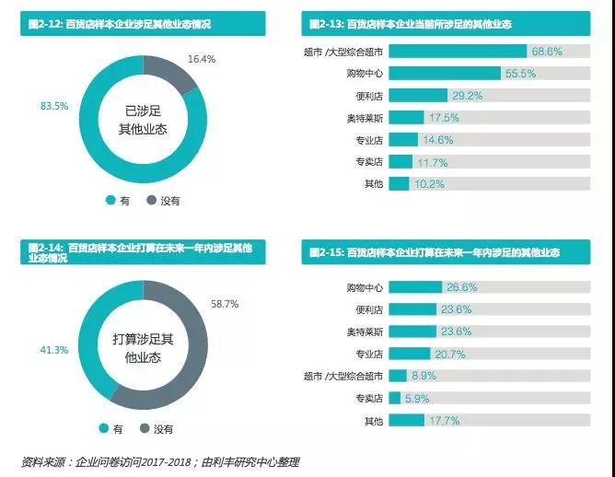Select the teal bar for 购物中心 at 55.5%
tap(446, 73)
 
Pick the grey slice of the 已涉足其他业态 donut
tap(180, 78)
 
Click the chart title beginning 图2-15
tap(435, 251)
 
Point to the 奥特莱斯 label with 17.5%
tap(366, 118)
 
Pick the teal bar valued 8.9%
tap(398, 376)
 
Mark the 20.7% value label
tap(449, 354)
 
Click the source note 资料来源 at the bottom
tap(160, 461)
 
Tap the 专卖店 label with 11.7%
tap(369, 162)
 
